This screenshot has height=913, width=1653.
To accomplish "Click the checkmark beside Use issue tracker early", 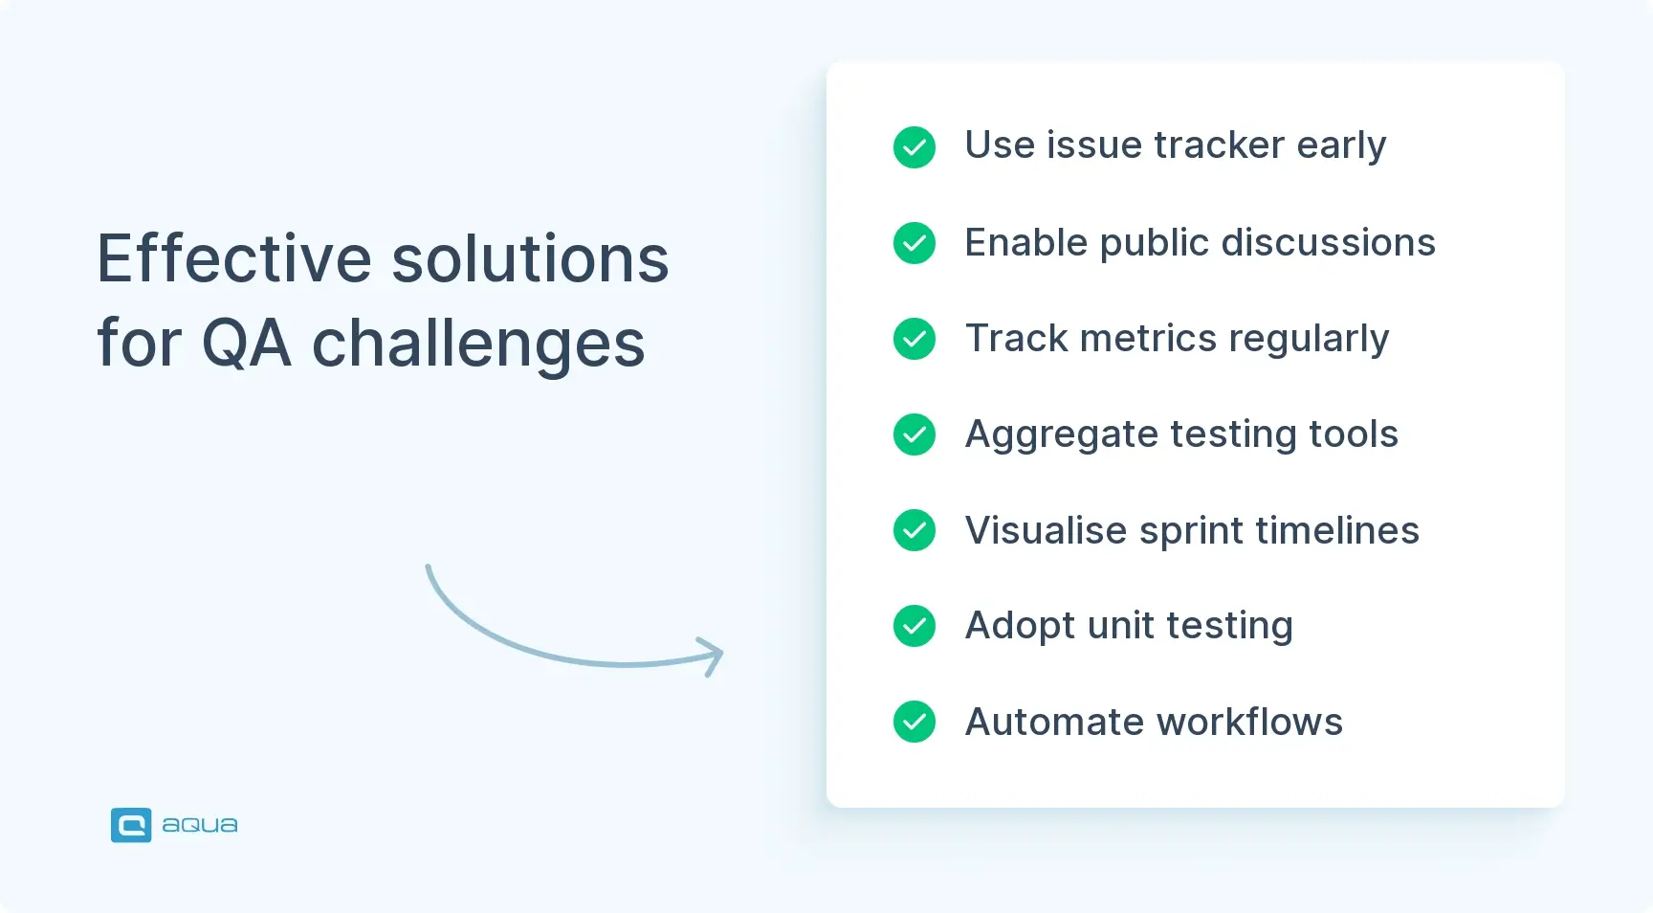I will point(914,147).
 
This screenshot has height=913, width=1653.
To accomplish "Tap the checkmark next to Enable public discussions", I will point(914,243).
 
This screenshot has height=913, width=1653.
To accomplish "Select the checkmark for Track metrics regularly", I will point(914,339).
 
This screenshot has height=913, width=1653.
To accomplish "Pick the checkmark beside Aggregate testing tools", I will point(914,434).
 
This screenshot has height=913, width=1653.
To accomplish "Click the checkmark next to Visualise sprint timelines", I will point(914,530).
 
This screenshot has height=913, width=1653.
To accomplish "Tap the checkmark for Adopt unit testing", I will point(914,626).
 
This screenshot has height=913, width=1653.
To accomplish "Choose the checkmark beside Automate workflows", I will point(914,722).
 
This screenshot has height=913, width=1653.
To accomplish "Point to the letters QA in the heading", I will point(246,344).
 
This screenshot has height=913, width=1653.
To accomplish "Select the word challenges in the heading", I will point(478,345).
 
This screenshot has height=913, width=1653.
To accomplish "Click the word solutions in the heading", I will point(530,259).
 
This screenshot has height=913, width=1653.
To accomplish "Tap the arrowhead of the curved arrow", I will point(714,656).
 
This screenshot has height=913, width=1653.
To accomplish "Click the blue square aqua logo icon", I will point(131,825).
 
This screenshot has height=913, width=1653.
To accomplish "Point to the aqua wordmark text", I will point(199,825).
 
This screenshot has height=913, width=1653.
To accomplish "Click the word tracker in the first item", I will point(1219,145).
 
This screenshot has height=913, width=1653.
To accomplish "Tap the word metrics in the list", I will point(1148,339).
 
